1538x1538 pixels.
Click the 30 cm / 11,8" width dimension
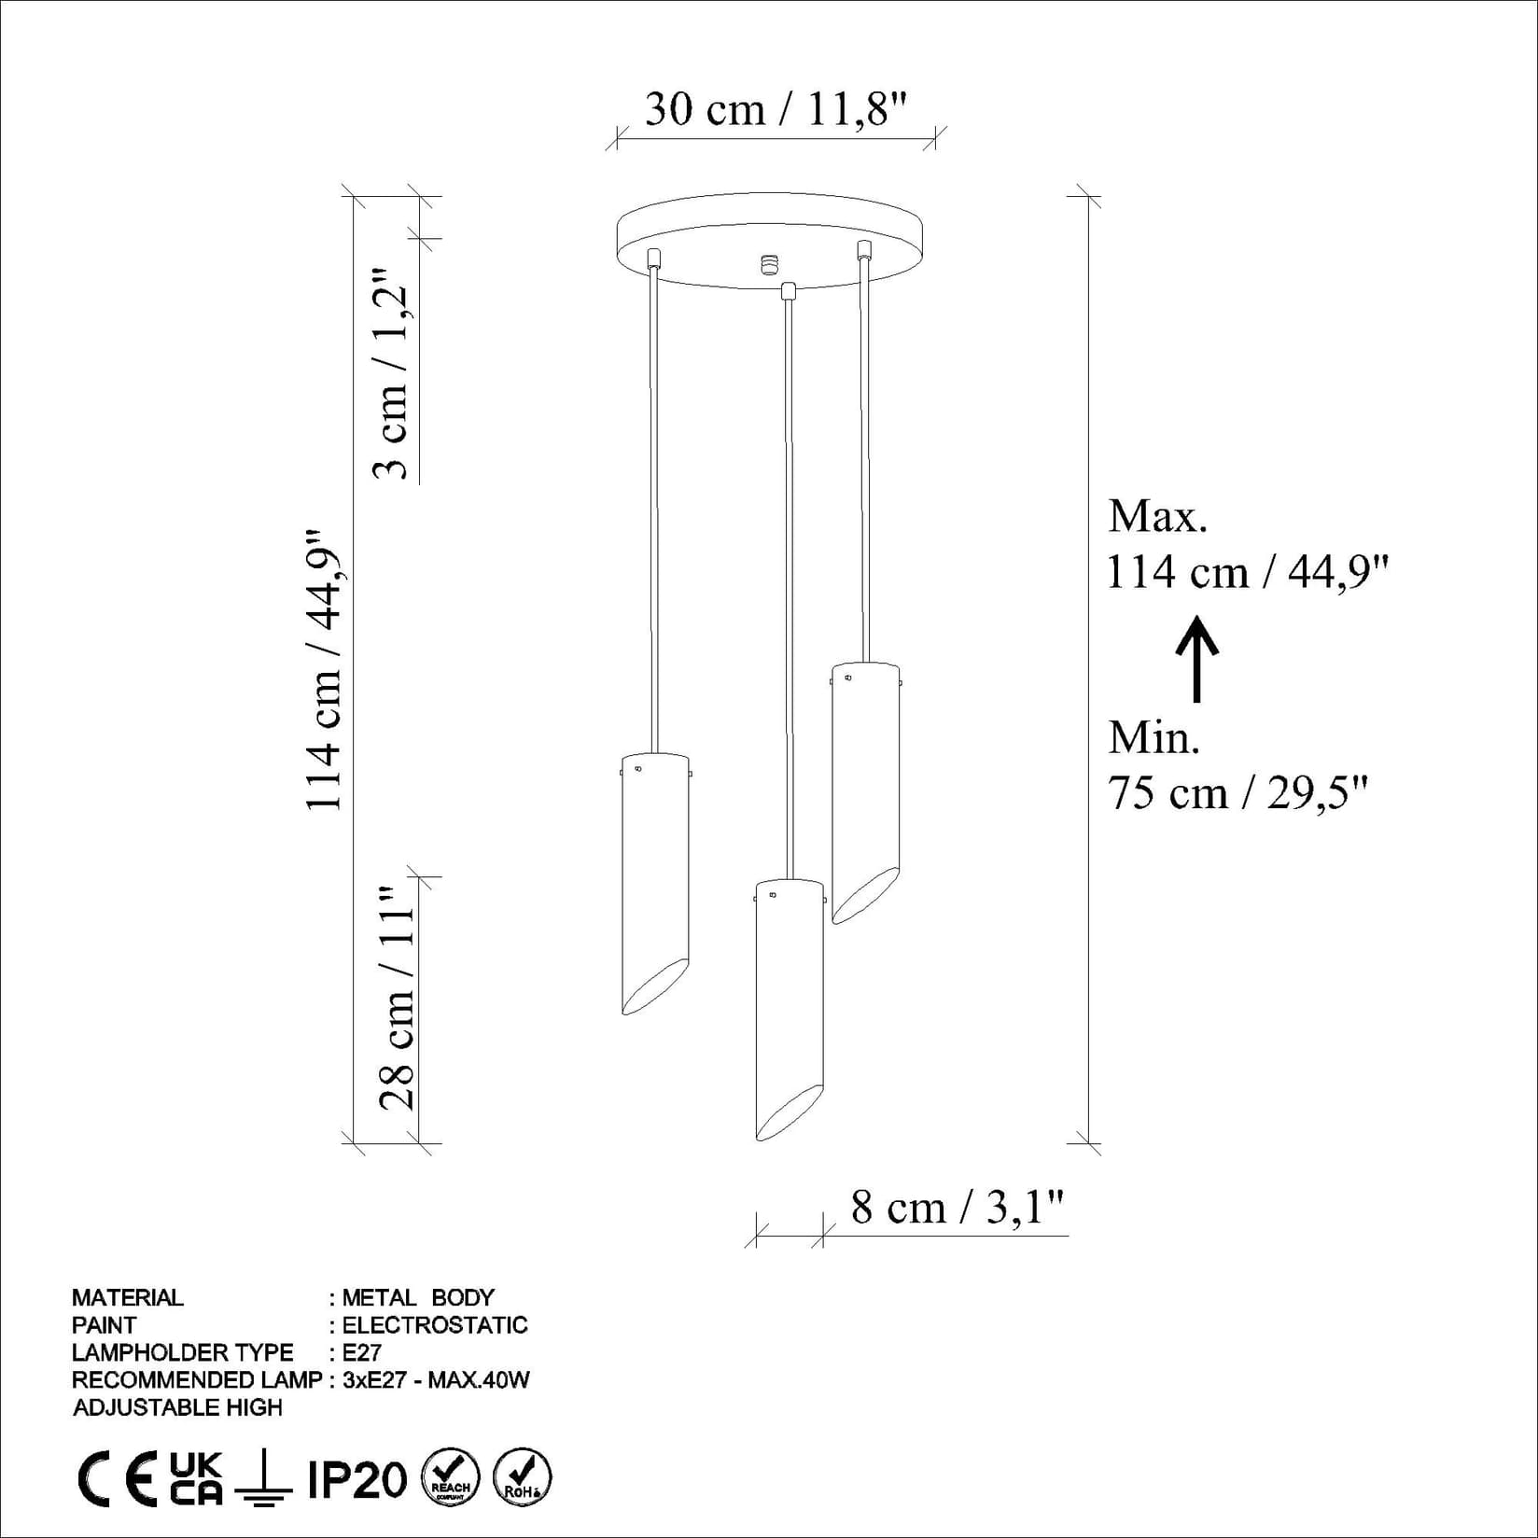pos(776,110)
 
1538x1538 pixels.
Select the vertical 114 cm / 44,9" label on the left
pos(325,670)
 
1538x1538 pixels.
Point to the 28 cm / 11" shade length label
pos(397,998)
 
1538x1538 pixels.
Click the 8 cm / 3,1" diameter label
pos(957,1208)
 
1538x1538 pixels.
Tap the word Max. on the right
pos(1157,516)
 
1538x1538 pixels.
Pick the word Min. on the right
pos(1153,738)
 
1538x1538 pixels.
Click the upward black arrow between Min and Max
pos(1196,658)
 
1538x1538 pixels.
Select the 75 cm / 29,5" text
pos(1237,793)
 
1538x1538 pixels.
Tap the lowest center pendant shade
pos(789,1008)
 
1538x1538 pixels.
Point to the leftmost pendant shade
pos(655,882)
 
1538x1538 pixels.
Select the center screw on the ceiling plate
pos(769,264)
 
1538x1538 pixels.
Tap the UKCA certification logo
pos(196,1478)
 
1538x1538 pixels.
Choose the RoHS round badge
pos(522,1477)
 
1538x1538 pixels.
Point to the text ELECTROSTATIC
pos(434,1325)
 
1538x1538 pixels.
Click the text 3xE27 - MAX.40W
pos(436,1379)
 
